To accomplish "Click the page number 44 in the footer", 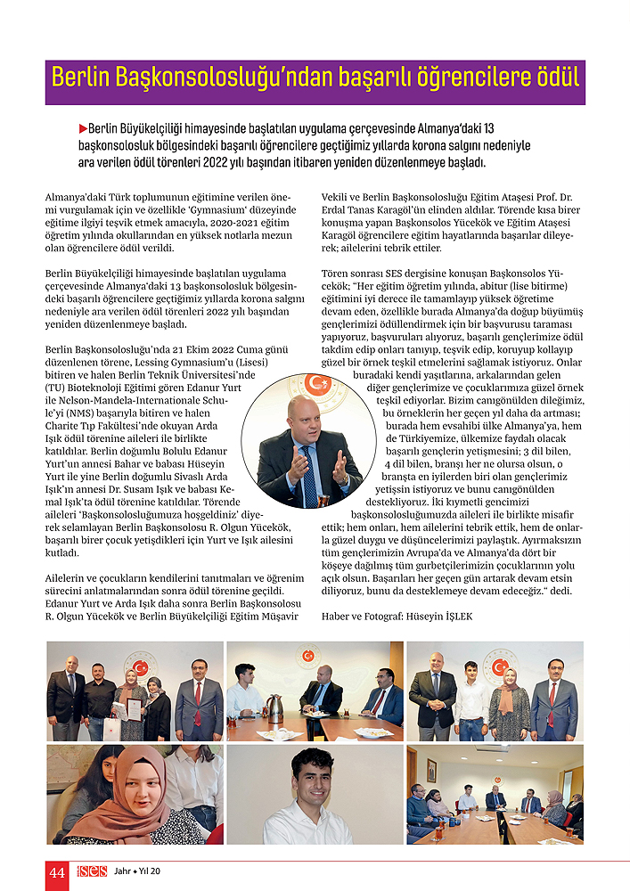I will coord(57,873).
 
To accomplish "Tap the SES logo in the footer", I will coord(93,871).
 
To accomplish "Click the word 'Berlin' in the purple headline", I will coord(82,78).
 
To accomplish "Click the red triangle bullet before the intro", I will coord(83,127).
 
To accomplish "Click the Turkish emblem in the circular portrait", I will coord(317,385).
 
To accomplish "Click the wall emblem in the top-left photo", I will coord(140,666).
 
